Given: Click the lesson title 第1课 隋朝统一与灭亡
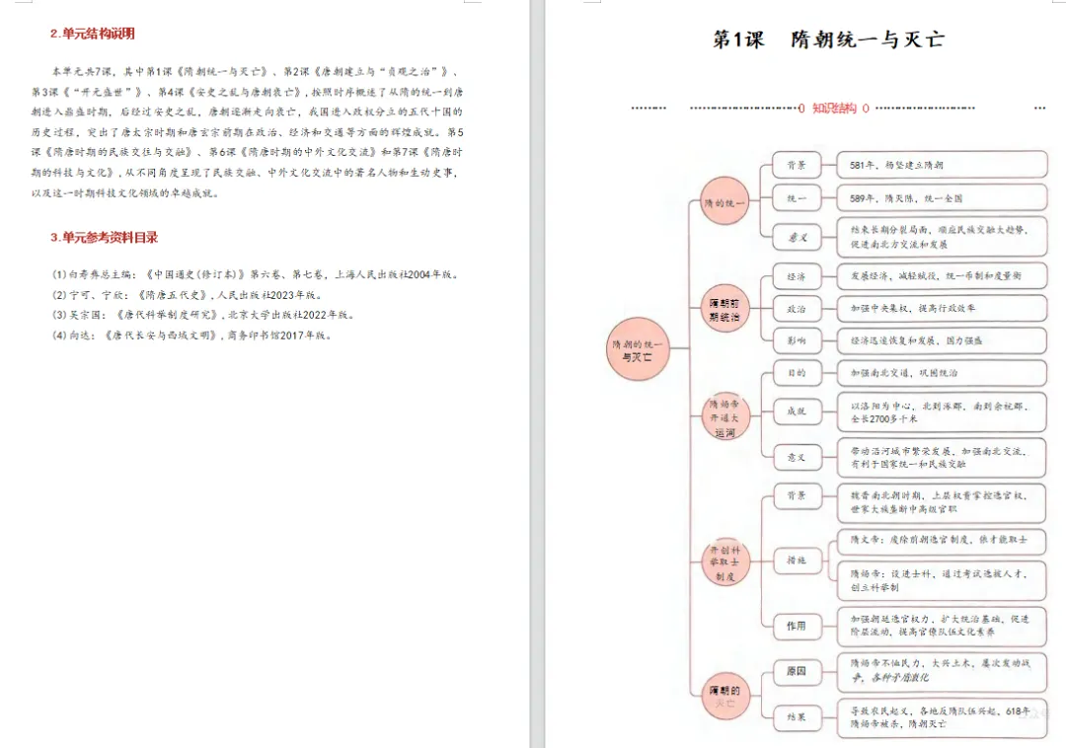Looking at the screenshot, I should pos(828,40).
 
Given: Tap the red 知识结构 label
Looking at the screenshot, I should pos(833,109).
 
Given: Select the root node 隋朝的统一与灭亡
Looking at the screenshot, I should pos(637,349).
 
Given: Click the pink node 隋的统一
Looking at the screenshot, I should pos(724,203).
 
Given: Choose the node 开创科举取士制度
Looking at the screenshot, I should pos(724,561).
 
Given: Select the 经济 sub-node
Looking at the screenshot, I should pos(796,276).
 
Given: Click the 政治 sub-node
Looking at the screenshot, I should pos(796,309).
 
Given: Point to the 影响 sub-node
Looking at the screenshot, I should pos(796,341).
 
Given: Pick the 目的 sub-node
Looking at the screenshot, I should pos(796,374).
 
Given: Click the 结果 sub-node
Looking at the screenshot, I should pos(796,716).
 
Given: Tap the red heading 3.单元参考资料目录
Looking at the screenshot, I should pos(104,238).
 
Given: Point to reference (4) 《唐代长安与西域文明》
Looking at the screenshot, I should pos(192,336).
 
